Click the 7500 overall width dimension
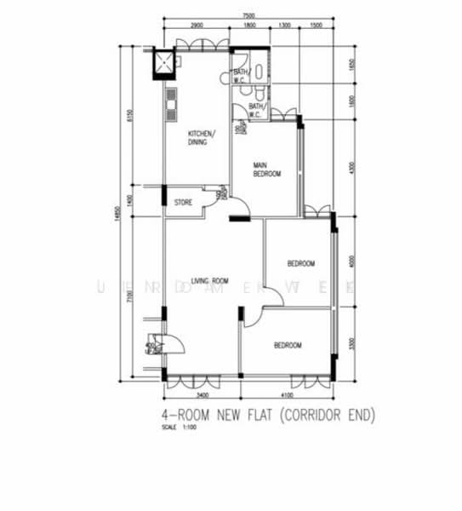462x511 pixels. coord(248,16)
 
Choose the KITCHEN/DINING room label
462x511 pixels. coord(202,138)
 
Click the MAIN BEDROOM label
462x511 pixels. coord(267,169)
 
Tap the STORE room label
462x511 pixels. coord(183,203)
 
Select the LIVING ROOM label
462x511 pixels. coord(210,280)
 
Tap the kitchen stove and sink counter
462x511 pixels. coord(170,103)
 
